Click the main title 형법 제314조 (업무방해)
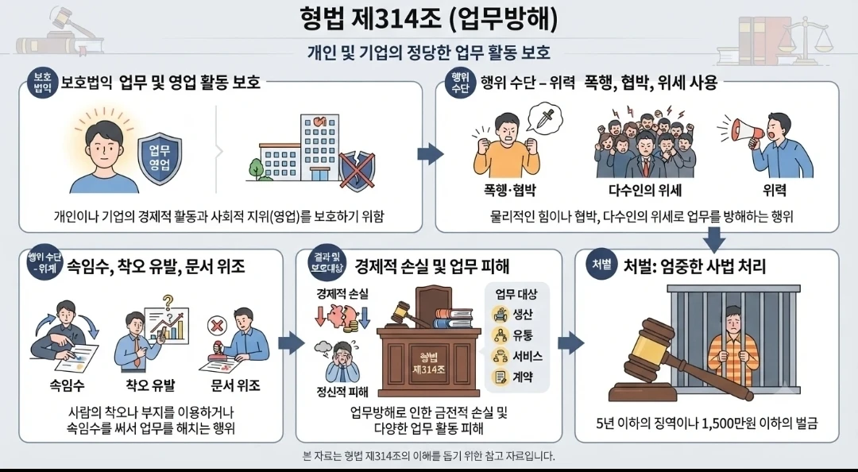pos(429,18)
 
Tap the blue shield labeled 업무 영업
pos(159,157)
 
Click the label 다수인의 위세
pos(644,191)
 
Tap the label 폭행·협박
pos(509,191)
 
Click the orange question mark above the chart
pos(168,302)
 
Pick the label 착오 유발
pos(150,385)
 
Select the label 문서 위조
pos(235,385)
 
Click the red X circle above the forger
pos(217,326)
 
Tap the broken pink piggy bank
pos(342,315)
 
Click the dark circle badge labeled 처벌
pos(602,264)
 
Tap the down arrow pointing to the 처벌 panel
pos(713,238)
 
